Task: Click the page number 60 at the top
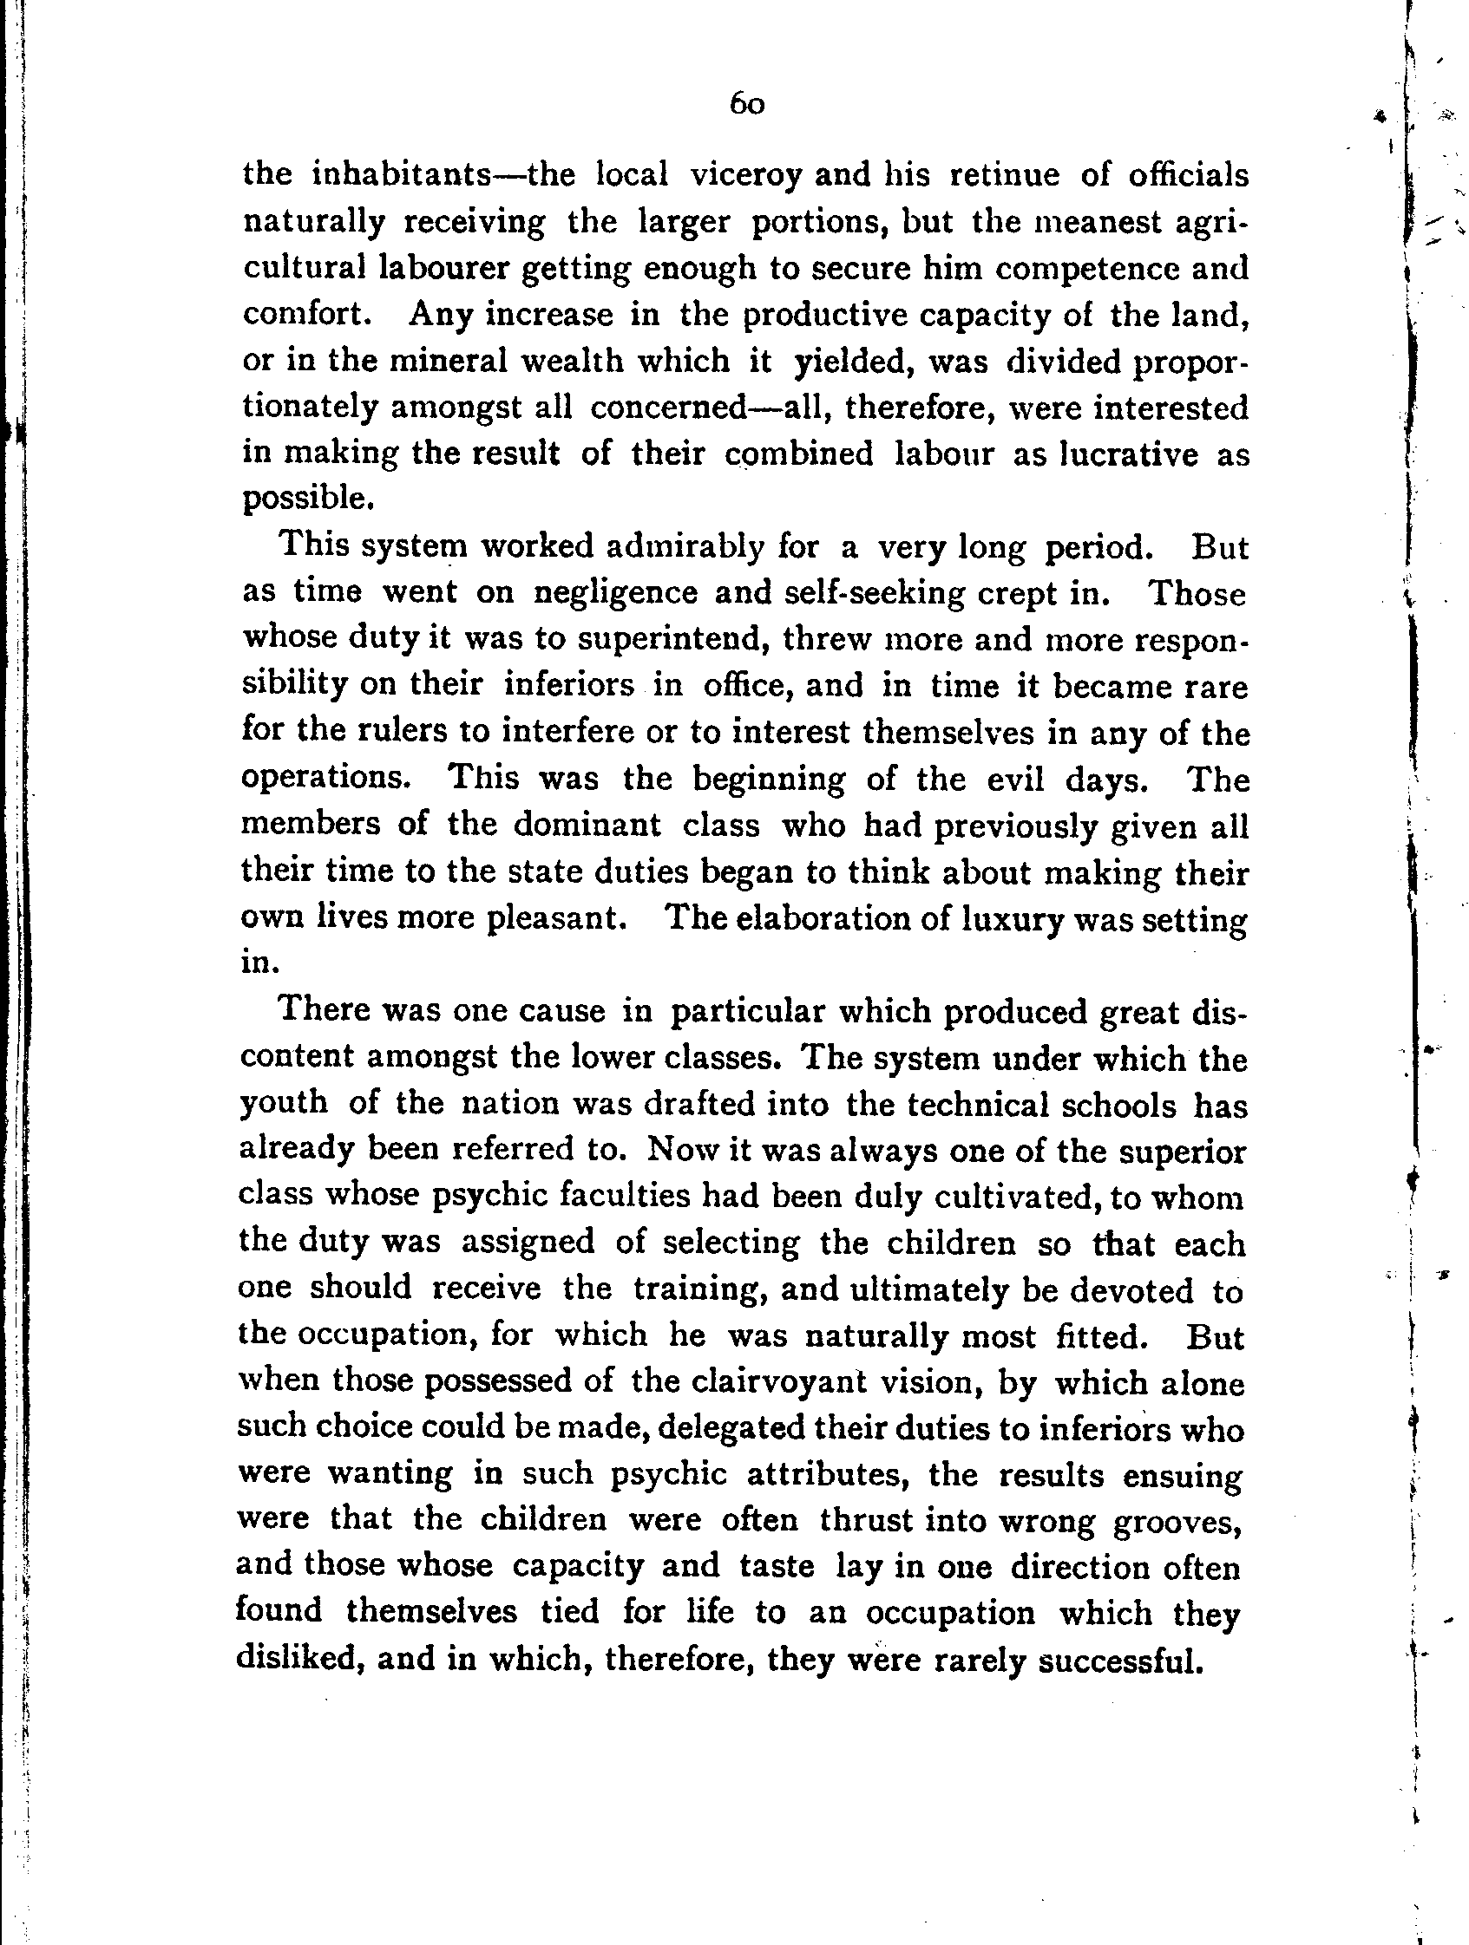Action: [747, 106]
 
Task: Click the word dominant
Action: [587, 826]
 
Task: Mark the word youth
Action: [283, 1103]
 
